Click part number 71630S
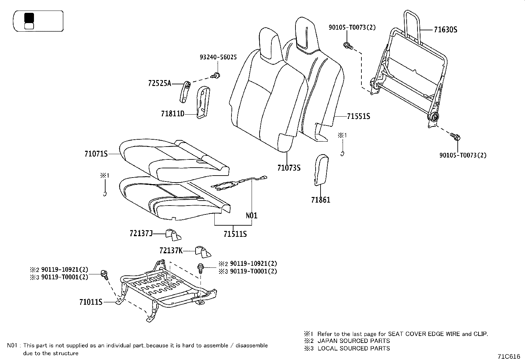click(445, 30)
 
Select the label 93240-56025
click(218, 57)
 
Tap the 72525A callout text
click(160, 83)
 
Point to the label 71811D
click(172, 114)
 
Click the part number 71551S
click(358, 116)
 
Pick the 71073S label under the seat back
click(289, 168)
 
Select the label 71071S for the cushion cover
click(96, 153)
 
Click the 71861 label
click(320, 200)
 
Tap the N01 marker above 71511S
click(252, 216)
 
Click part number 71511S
click(235, 234)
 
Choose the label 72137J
click(141, 234)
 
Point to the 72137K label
click(170, 251)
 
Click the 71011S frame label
click(91, 302)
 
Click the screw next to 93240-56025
click(216, 75)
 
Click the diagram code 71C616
click(509, 356)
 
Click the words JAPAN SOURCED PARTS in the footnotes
click(354, 341)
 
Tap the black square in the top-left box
click(29, 18)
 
